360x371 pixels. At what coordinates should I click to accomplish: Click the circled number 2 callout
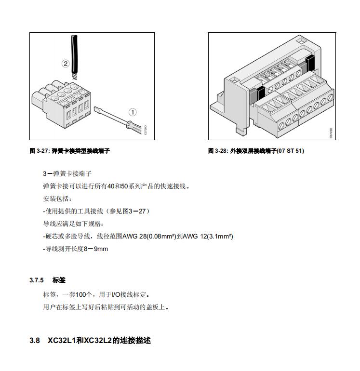(66, 63)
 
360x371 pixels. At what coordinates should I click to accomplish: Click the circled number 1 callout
(133, 112)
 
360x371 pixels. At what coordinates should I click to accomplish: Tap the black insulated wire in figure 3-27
(74, 53)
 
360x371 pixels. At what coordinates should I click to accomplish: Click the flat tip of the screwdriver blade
(95, 108)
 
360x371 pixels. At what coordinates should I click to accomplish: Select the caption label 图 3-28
(218, 151)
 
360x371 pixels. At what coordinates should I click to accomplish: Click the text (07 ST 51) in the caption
(291, 151)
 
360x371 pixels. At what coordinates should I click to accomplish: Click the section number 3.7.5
(37, 280)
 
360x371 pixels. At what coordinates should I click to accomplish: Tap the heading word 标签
(59, 280)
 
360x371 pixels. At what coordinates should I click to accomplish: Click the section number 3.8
(34, 341)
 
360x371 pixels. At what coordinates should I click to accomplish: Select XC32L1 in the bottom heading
(62, 341)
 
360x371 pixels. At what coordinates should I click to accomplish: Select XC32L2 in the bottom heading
(98, 341)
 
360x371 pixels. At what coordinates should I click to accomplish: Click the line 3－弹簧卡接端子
(67, 173)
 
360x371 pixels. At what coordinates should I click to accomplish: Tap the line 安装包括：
(57, 199)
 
